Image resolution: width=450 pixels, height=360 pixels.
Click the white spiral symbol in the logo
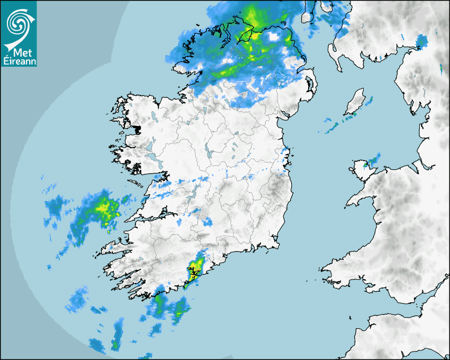coord(18,22)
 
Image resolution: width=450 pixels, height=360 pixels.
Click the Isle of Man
coord(354,103)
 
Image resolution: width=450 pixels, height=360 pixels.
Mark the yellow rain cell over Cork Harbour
coord(196,268)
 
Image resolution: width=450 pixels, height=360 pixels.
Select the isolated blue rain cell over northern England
coord(421,41)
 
